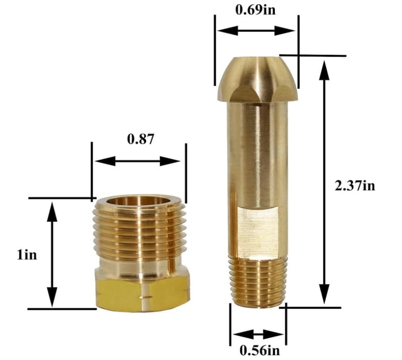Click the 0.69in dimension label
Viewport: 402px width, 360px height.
pyautogui.click(x=255, y=10)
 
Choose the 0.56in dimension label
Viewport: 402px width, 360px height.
pyautogui.click(x=259, y=351)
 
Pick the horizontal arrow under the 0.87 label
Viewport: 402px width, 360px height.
pyautogui.click(x=138, y=161)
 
